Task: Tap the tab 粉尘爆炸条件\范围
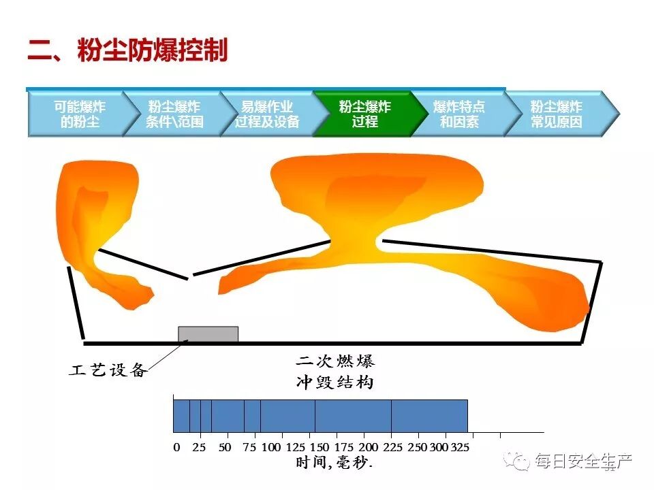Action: click(174, 114)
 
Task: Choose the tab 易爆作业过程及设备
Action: click(267, 114)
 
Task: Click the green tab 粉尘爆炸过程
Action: click(364, 114)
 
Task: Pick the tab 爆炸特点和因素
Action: click(459, 114)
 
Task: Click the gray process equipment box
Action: click(208, 334)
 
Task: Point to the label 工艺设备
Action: click(108, 370)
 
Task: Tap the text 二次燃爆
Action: click(335, 361)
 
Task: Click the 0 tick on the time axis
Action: click(176, 447)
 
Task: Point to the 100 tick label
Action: click(271, 447)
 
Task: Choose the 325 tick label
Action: click(461, 447)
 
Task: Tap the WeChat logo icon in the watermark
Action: click(522, 461)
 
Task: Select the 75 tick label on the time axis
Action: click(249, 447)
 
